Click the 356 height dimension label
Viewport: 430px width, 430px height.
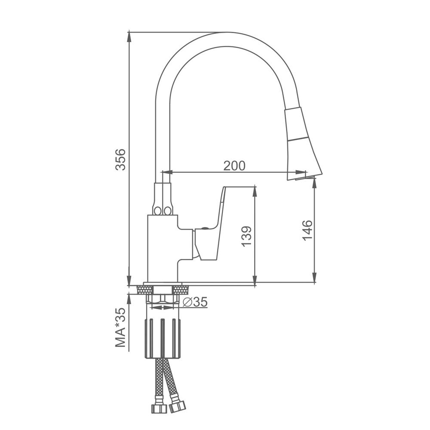point(120,160)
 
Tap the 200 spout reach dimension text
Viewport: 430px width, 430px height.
point(234,166)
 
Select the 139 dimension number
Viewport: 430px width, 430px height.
point(246,236)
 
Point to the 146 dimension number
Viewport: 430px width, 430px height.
point(307,230)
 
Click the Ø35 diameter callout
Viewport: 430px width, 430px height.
point(195,302)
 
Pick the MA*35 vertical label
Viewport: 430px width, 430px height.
point(120,327)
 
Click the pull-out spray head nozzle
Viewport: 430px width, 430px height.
point(303,144)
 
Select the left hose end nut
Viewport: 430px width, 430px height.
point(159,408)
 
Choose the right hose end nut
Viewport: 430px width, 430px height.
point(177,407)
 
